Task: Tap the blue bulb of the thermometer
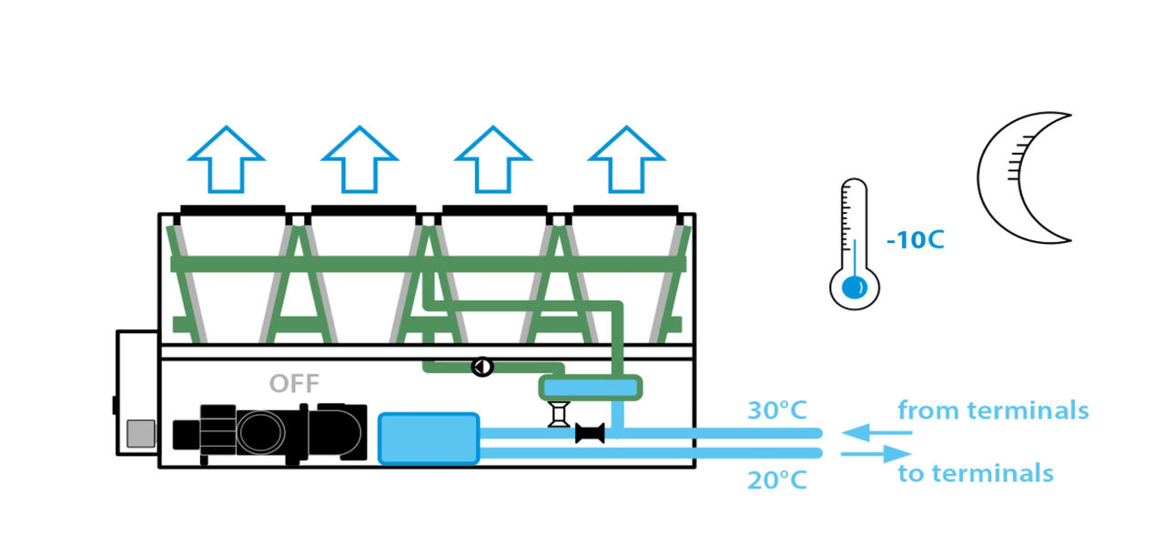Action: [853, 288]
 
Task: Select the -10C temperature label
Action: [915, 241]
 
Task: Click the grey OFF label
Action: [294, 383]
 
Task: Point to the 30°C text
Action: [777, 411]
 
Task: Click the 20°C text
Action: [777, 479]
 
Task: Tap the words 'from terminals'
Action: [993, 410]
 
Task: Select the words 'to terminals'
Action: [975, 473]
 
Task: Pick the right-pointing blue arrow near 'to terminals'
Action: [876, 453]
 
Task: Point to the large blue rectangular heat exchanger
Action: [428, 438]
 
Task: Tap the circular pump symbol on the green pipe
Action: [481, 367]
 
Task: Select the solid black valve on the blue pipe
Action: [591, 434]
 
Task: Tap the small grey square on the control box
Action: [140, 434]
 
